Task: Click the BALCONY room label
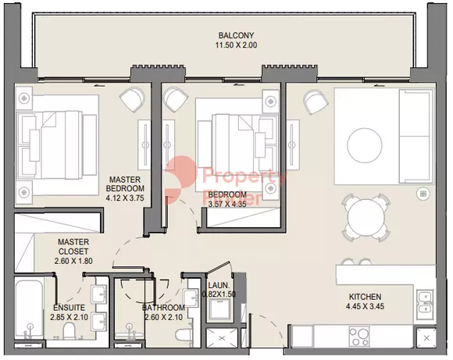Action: point(236,36)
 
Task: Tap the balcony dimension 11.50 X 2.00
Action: point(236,45)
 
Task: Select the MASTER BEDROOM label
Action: point(125,184)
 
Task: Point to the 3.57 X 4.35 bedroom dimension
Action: point(227,205)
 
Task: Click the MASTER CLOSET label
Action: point(73,247)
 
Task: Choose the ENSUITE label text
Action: point(69,308)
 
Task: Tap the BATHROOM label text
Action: point(163,308)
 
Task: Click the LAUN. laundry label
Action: point(219,286)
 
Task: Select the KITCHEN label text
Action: point(365,297)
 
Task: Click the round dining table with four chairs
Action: point(366,217)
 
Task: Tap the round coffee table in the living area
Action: point(365,145)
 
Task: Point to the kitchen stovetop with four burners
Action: point(359,337)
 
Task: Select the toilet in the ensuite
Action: point(69,332)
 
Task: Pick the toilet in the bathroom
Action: point(184,335)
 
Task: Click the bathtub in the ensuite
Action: point(29,309)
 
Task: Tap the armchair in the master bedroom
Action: point(132,99)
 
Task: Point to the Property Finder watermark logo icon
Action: point(176,179)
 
